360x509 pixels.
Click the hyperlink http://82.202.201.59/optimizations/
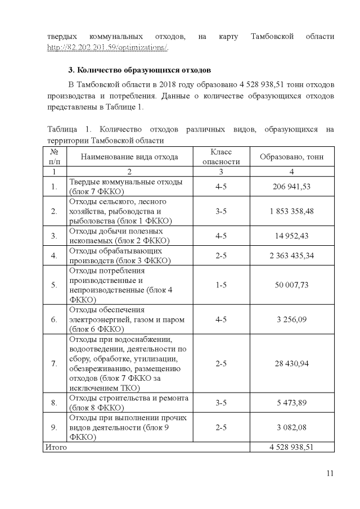pyautogui.click(x=107, y=47)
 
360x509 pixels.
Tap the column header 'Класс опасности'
pyautogui.click(x=221, y=157)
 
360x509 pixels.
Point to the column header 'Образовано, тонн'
pyautogui.click(x=291, y=157)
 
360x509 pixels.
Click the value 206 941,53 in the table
pyautogui.click(x=291, y=186)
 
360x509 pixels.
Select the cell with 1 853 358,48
pyautogui.click(x=291, y=211)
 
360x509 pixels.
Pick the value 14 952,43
pyautogui.click(x=291, y=236)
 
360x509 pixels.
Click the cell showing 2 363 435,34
pyautogui.click(x=291, y=255)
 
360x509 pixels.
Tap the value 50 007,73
pyautogui.click(x=291, y=285)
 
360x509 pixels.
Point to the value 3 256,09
pyautogui.click(x=291, y=319)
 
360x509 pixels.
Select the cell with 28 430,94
pyautogui.click(x=291, y=363)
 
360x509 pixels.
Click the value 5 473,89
pyautogui.click(x=291, y=403)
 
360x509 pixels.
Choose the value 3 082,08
pyautogui.click(x=291, y=427)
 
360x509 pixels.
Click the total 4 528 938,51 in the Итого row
pyautogui.click(x=291, y=447)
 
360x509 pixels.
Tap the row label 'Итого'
pyautogui.click(x=56, y=447)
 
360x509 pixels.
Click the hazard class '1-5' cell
pyautogui.click(x=221, y=285)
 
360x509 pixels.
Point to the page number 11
pyautogui.click(x=330, y=473)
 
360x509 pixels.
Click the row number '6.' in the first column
pyautogui.click(x=55, y=319)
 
